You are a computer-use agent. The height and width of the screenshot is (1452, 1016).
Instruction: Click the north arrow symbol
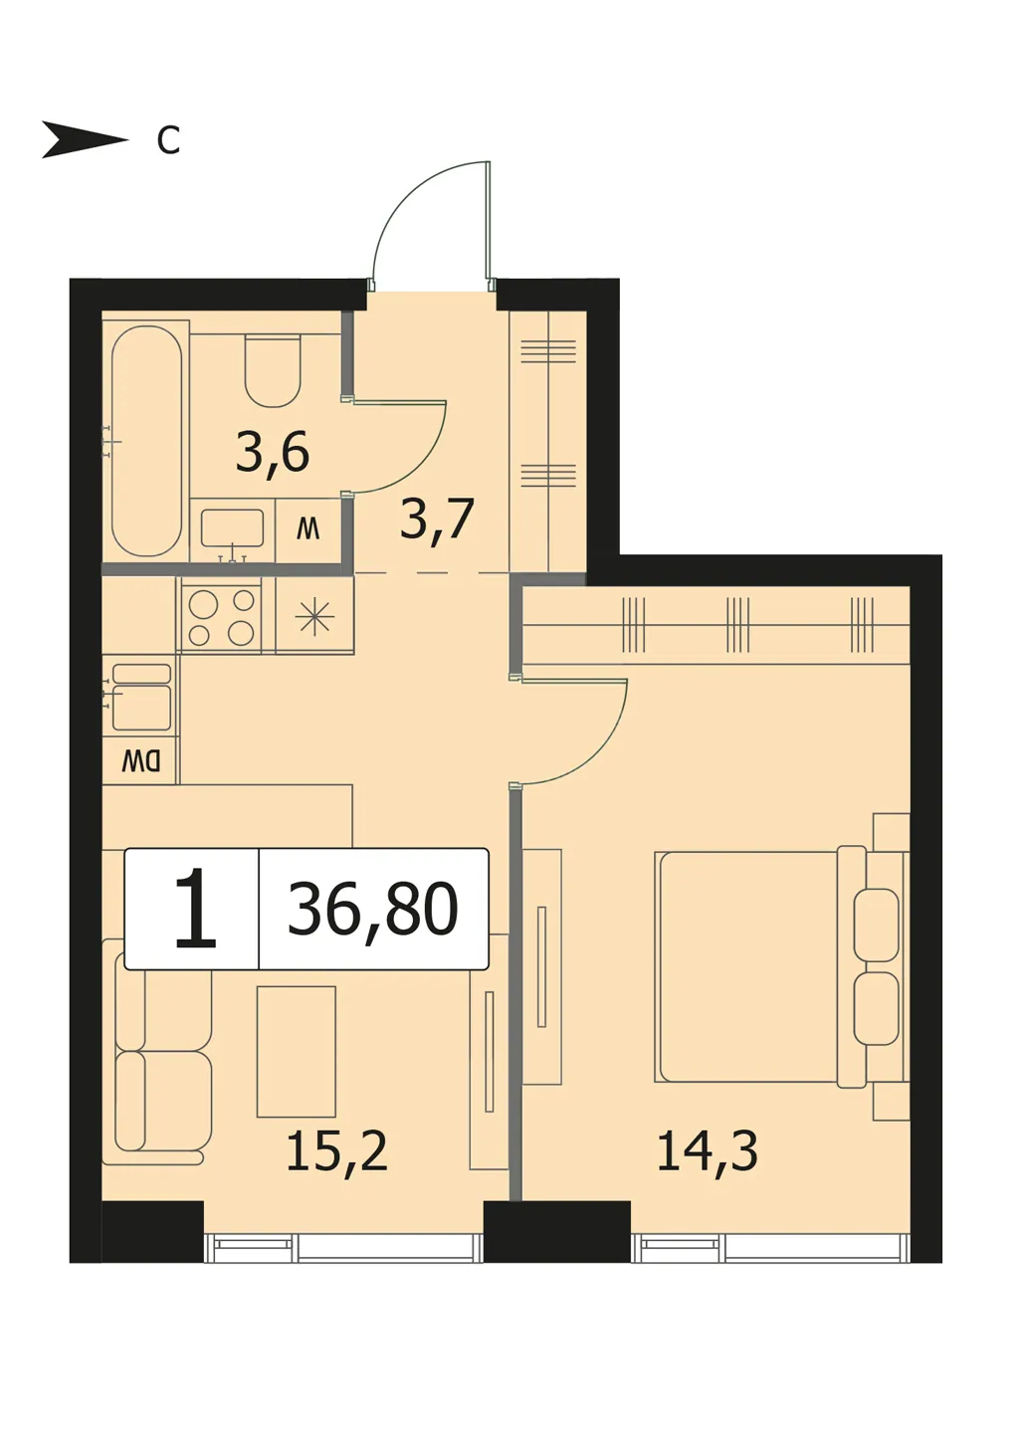pyautogui.click(x=85, y=139)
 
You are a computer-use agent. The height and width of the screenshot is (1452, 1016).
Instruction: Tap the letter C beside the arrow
pyautogui.click(x=168, y=139)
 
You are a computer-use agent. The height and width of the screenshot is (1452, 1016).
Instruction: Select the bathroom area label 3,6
pyautogui.click(x=273, y=453)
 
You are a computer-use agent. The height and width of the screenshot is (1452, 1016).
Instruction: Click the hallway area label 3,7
pyautogui.click(x=438, y=519)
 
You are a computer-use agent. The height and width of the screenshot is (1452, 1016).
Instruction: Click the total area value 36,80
pyautogui.click(x=373, y=909)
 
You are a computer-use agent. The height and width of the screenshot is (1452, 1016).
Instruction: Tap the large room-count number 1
pyautogui.click(x=195, y=909)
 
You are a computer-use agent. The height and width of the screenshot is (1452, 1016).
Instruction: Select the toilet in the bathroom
pyautogui.click(x=273, y=370)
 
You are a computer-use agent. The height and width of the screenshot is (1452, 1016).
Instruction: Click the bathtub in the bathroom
pyautogui.click(x=146, y=441)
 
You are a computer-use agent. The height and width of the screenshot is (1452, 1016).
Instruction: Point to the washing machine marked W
pyautogui.click(x=308, y=530)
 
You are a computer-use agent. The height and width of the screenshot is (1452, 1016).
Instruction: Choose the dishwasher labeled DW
pyautogui.click(x=141, y=760)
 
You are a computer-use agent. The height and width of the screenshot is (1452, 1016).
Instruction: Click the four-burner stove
pyautogui.click(x=222, y=615)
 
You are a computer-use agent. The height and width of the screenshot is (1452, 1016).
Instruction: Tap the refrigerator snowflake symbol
pyautogui.click(x=314, y=615)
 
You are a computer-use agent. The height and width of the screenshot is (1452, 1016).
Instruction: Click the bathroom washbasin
pyautogui.click(x=232, y=528)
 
